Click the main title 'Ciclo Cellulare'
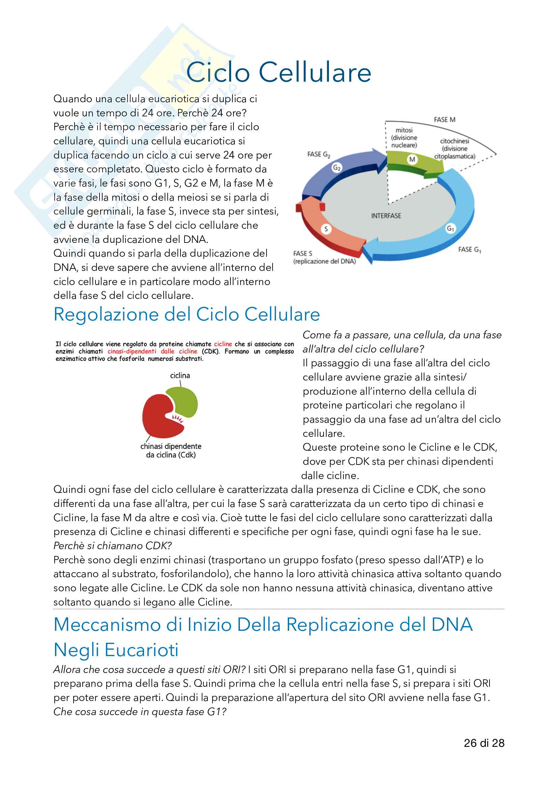(279, 73)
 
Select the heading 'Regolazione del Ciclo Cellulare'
(187, 314)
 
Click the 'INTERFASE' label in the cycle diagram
(386, 216)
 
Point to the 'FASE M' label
(444, 120)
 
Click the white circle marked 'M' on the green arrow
(412, 160)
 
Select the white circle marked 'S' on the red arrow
(326, 229)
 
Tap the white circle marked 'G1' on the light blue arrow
(450, 228)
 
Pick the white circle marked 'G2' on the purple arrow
(337, 168)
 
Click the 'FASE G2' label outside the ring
(318, 154)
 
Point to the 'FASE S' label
(303, 254)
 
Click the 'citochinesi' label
(454, 141)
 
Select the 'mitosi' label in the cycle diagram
(404, 130)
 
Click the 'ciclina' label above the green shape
(180, 375)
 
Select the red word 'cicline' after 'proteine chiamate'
(223, 344)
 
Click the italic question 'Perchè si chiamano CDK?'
(112, 546)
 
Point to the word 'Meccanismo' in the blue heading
(107, 624)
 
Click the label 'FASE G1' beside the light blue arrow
(469, 250)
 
